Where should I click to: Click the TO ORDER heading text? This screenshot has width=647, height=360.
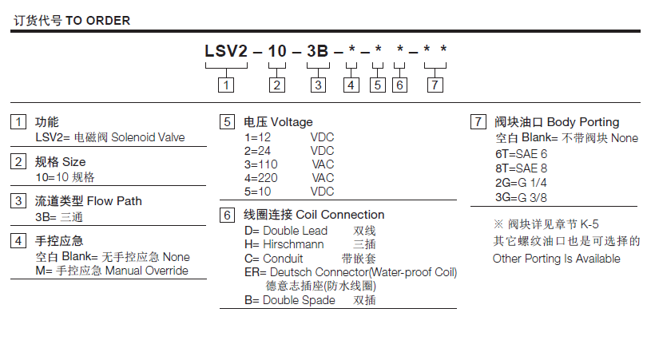[x=97, y=20]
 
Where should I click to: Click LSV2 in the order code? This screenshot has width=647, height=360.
[x=226, y=51]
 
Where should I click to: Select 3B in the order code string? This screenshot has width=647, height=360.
[x=317, y=51]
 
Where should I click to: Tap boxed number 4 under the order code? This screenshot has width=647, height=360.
[x=351, y=85]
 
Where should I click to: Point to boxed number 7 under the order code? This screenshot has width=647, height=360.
[x=435, y=85]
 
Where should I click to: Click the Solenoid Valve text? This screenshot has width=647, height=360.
[x=148, y=137]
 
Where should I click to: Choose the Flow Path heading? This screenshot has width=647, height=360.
[x=114, y=201]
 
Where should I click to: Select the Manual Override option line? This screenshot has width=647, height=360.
[x=112, y=271]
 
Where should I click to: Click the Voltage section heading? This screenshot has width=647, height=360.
[x=292, y=122]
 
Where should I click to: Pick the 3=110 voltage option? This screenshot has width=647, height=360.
[x=260, y=164]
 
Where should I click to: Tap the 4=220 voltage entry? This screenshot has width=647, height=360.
[x=260, y=178]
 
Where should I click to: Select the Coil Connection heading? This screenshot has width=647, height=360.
[x=340, y=215]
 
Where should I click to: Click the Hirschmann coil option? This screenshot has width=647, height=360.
[x=284, y=244]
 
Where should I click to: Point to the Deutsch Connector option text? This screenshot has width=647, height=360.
[x=351, y=272]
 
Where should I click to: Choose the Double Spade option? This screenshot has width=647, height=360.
[x=290, y=300]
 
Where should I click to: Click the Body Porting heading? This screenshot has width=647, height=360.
[x=582, y=122]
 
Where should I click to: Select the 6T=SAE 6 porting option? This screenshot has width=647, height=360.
[x=521, y=154]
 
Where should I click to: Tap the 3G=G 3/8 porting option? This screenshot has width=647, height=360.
[x=521, y=197]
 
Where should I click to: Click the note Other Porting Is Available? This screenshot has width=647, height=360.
[x=556, y=259]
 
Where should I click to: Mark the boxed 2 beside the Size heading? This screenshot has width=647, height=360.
[x=18, y=161]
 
